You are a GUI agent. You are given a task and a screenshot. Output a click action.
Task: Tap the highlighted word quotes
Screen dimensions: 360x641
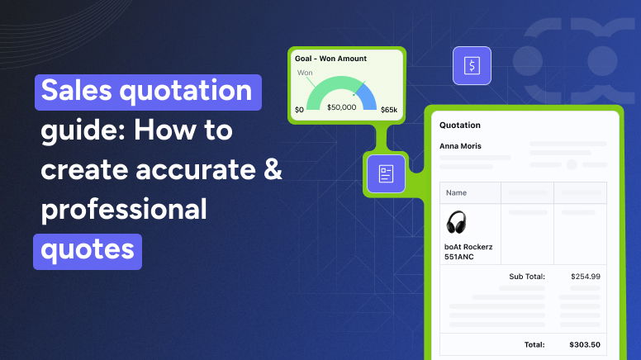click(x=87, y=249)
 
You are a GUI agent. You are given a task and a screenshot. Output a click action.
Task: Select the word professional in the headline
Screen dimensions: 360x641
click(x=124, y=210)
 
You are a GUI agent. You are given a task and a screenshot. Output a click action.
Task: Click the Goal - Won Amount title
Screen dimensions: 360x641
click(x=330, y=59)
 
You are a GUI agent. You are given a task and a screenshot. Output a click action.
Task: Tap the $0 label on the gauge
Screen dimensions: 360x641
click(x=299, y=108)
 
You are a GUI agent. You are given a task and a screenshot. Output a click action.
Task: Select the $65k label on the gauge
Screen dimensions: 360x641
click(x=389, y=108)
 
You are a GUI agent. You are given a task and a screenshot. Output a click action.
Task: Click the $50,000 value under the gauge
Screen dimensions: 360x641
click(x=342, y=107)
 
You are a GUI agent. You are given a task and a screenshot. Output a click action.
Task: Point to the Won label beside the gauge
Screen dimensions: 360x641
click(x=305, y=73)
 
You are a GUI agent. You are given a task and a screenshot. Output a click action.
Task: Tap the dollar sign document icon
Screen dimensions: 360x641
click(x=472, y=65)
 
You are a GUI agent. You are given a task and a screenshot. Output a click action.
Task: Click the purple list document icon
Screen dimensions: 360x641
click(x=385, y=173)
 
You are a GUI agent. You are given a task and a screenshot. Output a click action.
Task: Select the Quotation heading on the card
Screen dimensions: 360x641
click(x=460, y=126)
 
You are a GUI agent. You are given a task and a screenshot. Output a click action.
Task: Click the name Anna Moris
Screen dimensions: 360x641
click(x=461, y=146)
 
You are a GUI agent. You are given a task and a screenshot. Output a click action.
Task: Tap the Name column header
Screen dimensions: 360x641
click(x=456, y=193)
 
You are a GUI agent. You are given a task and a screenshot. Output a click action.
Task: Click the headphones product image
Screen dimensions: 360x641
click(x=457, y=222)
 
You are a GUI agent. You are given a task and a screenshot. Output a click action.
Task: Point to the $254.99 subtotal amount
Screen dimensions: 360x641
click(x=586, y=277)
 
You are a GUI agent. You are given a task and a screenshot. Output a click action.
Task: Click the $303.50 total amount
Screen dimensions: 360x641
click(x=585, y=344)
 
